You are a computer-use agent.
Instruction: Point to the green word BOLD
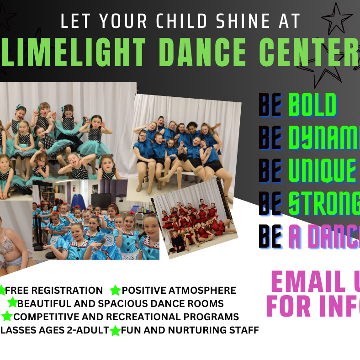point(312,105)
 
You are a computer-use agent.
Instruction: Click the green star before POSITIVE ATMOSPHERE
point(115,291)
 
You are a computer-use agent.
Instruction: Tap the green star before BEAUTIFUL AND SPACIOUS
point(12,303)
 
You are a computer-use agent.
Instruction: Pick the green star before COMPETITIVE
point(7,316)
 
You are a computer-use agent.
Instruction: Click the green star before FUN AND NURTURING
point(115,330)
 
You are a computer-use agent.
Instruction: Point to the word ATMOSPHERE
point(207,291)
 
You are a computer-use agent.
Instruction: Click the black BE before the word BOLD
point(270,105)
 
